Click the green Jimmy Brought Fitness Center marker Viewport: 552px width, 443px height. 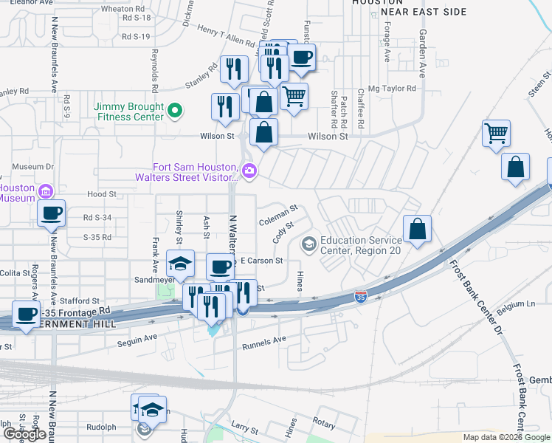click(x=175, y=112)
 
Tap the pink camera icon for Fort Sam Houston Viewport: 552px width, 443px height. click(x=249, y=171)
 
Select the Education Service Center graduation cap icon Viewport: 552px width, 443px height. click(x=308, y=243)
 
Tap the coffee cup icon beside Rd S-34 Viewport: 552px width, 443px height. click(x=51, y=214)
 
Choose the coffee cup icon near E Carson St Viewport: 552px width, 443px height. click(x=219, y=267)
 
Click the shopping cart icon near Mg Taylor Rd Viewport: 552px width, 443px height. click(x=294, y=96)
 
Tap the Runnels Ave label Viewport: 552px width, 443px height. click(x=264, y=340)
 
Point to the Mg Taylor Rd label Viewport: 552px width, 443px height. click(x=393, y=88)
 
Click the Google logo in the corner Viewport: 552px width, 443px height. click(x=24, y=434)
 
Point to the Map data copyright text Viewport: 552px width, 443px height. click(x=506, y=437)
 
